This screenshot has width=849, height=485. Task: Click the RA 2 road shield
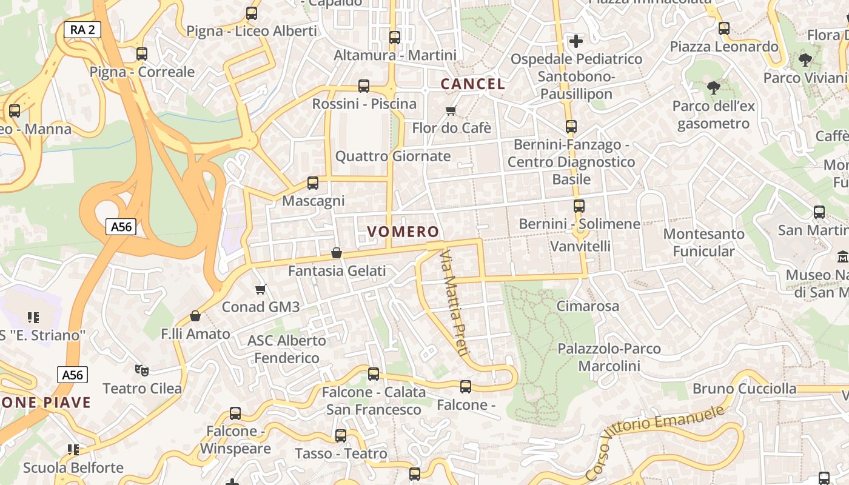point(82,29)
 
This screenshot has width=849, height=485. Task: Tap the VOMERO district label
point(403,232)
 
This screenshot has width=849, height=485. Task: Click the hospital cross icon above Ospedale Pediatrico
point(576,41)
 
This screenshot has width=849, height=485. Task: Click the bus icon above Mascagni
point(313,182)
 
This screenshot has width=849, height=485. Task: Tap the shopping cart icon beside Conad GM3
point(261,289)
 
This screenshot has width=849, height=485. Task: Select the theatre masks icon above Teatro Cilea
point(142,370)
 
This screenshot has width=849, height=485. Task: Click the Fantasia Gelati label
point(337,271)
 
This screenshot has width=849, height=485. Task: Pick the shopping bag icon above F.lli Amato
point(195,316)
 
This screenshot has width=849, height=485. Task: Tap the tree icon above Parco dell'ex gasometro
point(714,87)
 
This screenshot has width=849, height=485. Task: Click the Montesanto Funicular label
point(703,242)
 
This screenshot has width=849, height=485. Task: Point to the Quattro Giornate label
point(393,156)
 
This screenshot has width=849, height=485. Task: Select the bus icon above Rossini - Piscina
point(364,86)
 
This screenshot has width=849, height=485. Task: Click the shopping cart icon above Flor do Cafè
point(451,110)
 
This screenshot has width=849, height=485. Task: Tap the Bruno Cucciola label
point(744,389)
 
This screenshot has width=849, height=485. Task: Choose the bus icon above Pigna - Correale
point(142,54)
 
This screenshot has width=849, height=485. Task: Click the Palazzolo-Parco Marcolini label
point(609,357)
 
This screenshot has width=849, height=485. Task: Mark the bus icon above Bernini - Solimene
point(579,206)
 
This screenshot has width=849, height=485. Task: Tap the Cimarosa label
point(588,306)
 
